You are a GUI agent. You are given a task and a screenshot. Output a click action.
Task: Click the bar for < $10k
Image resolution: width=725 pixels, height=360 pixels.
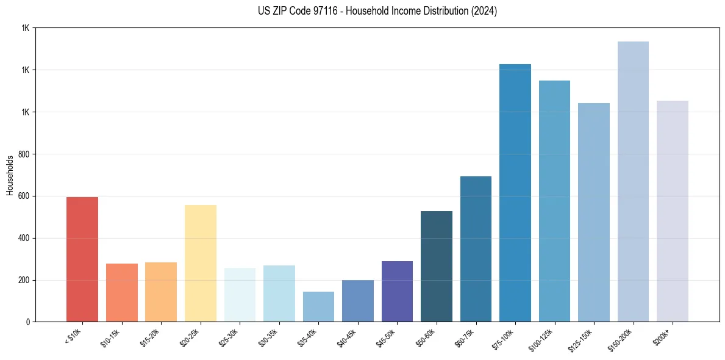[82, 259]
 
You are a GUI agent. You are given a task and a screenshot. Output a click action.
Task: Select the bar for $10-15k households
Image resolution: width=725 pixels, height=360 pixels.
[121, 292]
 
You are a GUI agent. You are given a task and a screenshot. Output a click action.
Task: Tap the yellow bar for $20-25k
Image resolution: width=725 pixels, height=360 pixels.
[200, 263]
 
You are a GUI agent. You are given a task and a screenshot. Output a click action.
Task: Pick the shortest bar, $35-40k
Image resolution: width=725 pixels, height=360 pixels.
[318, 306]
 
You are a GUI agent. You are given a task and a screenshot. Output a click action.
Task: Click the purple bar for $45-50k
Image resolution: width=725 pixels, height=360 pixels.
[397, 291]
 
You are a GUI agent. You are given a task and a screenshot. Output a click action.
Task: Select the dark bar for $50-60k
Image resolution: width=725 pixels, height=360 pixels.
[437, 266]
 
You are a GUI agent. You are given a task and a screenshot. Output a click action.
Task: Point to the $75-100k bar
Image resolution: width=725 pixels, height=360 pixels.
[515, 193]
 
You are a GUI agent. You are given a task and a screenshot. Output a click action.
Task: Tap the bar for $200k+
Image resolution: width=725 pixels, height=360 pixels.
[673, 211]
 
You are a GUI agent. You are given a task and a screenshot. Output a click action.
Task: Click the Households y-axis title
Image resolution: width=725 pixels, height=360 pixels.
[10, 175]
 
